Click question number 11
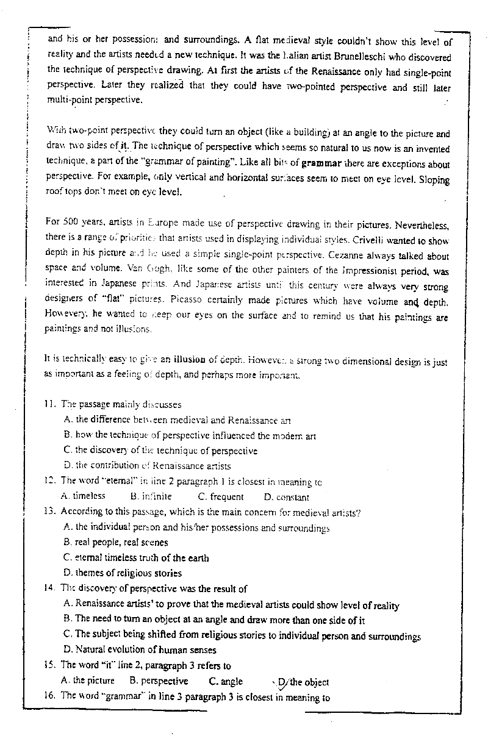click(x=50, y=404)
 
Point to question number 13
click(x=50, y=512)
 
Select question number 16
click(x=50, y=696)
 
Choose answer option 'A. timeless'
click(x=84, y=496)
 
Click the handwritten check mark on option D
click(x=281, y=685)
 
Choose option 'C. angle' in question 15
click(x=226, y=681)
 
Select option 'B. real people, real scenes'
click(x=115, y=542)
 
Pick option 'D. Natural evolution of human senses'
click(x=140, y=650)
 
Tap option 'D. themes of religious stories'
click(x=122, y=573)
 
